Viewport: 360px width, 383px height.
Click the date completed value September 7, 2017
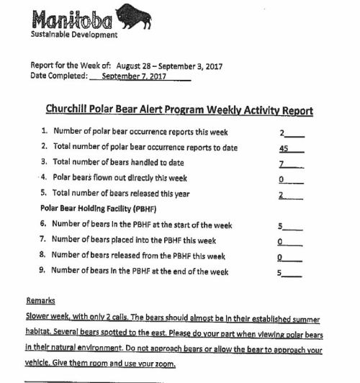click(x=134, y=76)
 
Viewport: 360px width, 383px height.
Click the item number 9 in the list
click(x=42, y=272)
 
